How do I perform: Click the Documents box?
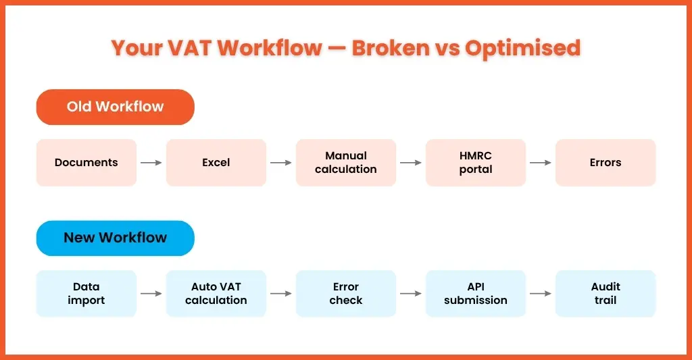(x=86, y=162)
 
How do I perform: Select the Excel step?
(x=216, y=162)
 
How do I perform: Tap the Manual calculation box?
(x=346, y=162)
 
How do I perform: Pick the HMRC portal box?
(x=476, y=162)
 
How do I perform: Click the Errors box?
(x=605, y=162)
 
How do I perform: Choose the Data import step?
(x=86, y=293)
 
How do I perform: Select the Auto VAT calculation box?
(x=216, y=293)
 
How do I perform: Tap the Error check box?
(x=346, y=293)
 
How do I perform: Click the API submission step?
(x=476, y=293)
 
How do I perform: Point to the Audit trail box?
(x=605, y=293)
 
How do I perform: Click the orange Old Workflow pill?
(x=115, y=107)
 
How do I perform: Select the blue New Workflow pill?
(x=115, y=238)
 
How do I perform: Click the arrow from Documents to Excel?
(x=151, y=163)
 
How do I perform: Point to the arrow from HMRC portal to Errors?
(x=541, y=163)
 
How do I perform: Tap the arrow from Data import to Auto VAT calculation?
(x=151, y=294)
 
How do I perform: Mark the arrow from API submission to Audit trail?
(x=541, y=294)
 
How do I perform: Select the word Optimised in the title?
(x=522, y=49)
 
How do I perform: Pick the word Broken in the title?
(x=391, y=48)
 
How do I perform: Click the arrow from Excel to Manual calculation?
(x=281, y=163)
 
